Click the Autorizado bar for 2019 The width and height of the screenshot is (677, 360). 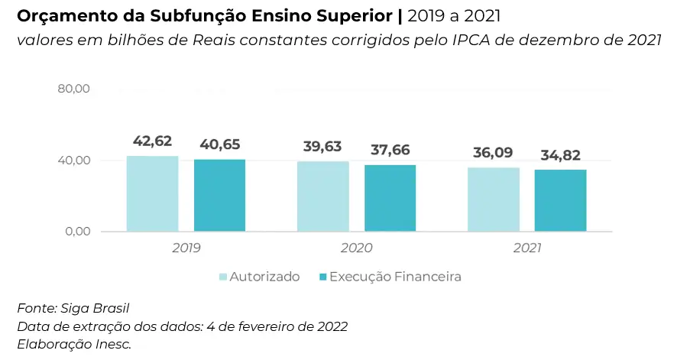pos(152,193)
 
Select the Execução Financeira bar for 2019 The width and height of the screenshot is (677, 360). pos(219,195)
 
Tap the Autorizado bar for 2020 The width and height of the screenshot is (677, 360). pos(322,196)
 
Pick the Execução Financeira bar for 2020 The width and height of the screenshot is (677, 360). pos(390,198)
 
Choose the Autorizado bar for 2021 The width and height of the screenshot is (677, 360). pos(494,199)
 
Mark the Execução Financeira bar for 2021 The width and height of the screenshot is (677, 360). pos(560,200)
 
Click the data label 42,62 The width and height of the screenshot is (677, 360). pos(152,141)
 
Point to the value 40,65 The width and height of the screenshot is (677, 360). pos(219,144)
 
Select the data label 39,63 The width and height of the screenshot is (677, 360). pos(322,147)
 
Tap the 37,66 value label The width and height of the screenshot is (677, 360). pos(390,150)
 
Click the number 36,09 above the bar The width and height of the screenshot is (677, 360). pos(494,153)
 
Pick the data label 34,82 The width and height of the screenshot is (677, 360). pos(560,155)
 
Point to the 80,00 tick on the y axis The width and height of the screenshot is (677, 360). pos(74,89)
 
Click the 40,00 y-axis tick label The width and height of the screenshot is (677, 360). pos(74,161)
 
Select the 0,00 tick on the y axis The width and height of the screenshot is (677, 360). pos(77,232)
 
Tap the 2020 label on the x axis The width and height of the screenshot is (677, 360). pos(356,248)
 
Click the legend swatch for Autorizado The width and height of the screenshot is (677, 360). pos(223,277)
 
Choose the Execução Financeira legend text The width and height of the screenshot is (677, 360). pos(395,277)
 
